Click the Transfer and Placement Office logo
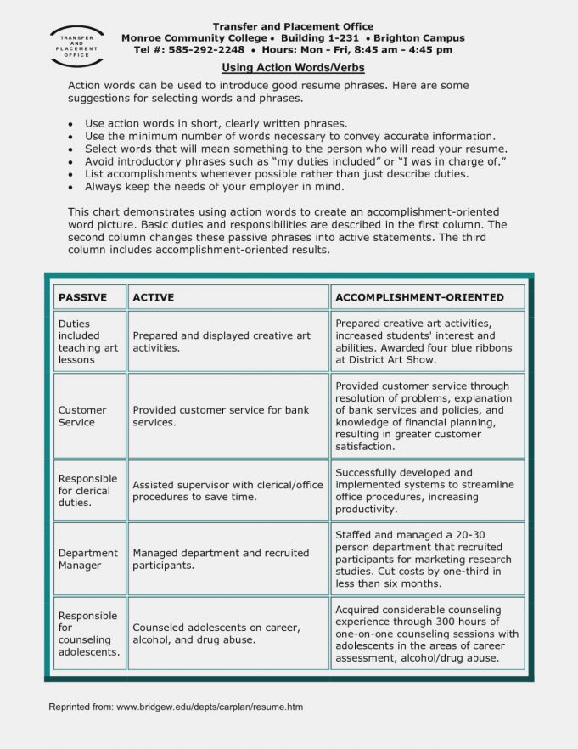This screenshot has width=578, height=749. point(77,48)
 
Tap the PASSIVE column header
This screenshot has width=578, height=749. point(82,297)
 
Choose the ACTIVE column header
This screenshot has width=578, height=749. point(154,297)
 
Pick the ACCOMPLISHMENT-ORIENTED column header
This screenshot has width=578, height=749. point(419,297)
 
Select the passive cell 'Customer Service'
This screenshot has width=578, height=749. point(82,416)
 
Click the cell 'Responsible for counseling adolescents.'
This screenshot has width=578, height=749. point(88,634)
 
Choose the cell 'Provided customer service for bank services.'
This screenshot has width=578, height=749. point(222,416)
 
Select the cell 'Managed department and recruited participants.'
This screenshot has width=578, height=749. point(221,559)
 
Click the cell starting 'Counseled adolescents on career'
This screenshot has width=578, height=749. point(216,634)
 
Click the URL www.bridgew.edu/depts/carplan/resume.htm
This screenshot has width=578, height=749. point(210,707)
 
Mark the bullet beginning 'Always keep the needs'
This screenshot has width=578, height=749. point(214,186)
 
